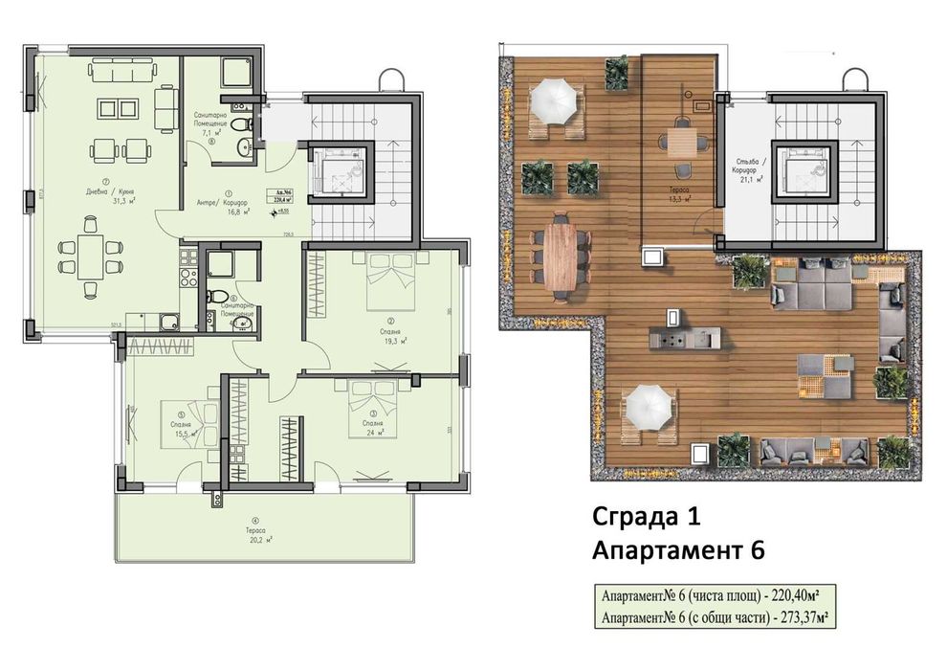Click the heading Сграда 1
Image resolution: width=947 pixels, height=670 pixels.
point(646,517)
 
